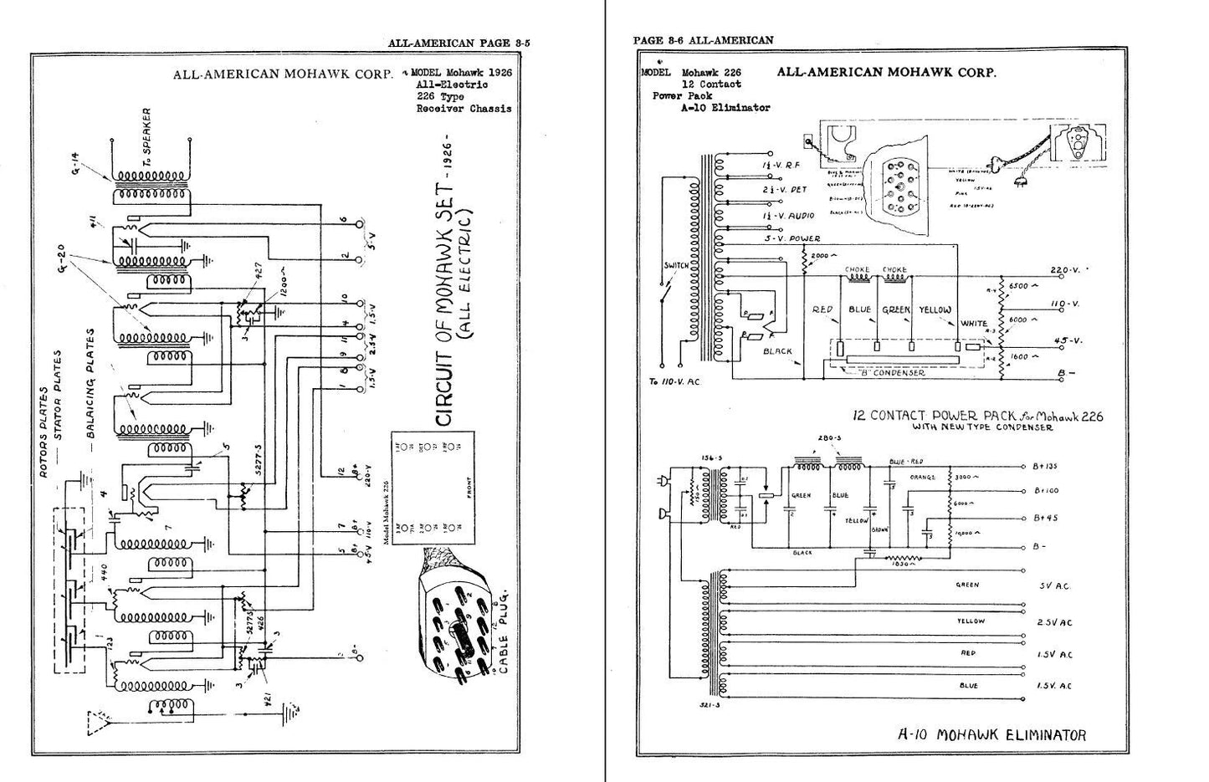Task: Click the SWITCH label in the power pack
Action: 676,265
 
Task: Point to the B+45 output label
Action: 1046,518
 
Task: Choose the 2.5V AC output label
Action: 1056,622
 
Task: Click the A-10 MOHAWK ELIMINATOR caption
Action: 991,735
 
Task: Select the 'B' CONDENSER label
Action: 890,373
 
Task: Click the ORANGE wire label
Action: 924,477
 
